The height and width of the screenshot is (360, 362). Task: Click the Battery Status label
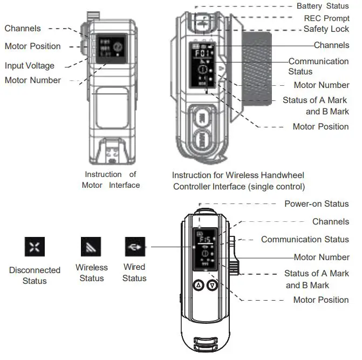click(323, 6)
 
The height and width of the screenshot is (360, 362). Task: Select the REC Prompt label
click(326, 18)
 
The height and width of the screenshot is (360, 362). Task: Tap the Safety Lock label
click(326, 29)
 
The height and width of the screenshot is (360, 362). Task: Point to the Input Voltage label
click(30, 66)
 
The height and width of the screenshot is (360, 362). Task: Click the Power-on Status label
click(316, 204)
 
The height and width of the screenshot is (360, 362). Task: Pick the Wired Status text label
click(134, 273)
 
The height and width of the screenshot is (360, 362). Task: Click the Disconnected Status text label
click(34, 275)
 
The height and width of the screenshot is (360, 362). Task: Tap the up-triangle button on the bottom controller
click(198, 285)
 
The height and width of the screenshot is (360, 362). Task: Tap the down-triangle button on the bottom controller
click(213, 285)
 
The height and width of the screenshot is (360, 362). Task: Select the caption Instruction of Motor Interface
click(111, 180)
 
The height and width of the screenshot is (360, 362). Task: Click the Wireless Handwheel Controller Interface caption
click(238, 181)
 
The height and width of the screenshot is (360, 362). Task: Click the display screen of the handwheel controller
click(203, 64)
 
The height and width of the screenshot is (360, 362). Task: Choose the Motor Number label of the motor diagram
click(32, 80)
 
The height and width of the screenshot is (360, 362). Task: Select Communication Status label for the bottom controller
click(305, 239)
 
